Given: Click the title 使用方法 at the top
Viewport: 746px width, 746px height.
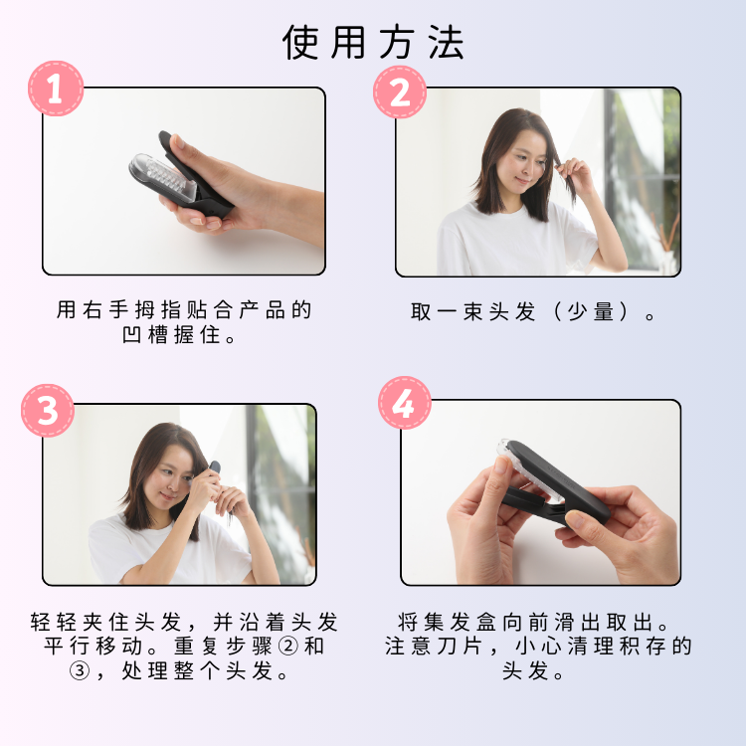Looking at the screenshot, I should pos(373,42).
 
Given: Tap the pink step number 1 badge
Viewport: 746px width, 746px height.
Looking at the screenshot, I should pos(56,89).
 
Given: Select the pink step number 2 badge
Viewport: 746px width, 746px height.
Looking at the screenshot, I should pos(400,93).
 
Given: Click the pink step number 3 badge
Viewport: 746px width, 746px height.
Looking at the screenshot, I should pos(48,410).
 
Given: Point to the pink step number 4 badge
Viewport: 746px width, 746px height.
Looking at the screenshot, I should pos(404,403).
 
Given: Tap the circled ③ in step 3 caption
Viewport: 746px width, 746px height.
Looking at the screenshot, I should pos(80,672).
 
